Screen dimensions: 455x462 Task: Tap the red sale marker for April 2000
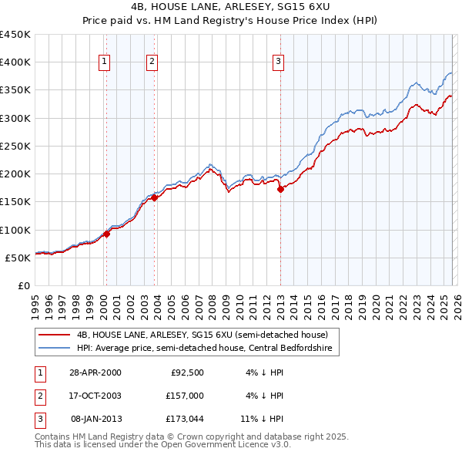point(106,234)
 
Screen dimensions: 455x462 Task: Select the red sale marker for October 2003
point(154,197)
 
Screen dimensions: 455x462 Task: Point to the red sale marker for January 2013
point(280,189)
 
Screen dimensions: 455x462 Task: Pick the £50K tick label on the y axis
point(18,258)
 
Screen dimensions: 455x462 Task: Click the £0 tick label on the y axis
point(24,285)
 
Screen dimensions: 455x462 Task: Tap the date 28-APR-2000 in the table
point(95,372)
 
